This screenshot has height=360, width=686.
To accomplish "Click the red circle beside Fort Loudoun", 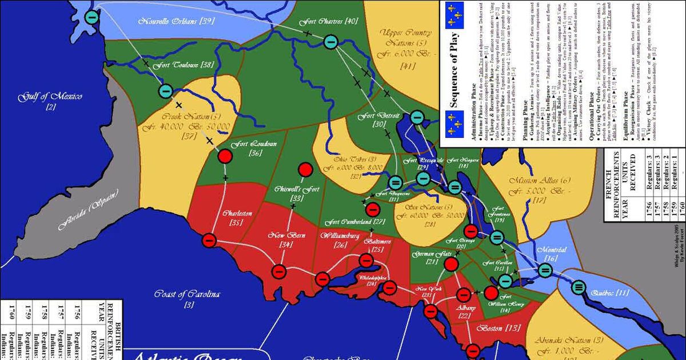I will (x=225, y=155).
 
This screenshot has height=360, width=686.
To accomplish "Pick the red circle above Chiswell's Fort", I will (x=305, y=170).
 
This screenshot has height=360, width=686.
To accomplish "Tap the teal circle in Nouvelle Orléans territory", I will (x=91, y=17).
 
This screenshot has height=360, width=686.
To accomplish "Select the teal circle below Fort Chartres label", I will (x=330, y=41).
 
